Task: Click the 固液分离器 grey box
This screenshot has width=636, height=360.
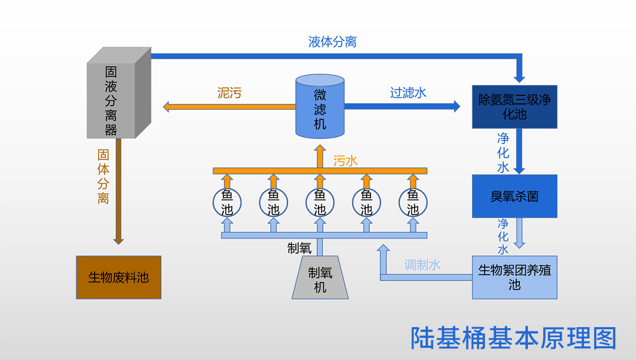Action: [119, 93]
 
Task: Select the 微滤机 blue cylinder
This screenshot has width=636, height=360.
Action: [320, 107]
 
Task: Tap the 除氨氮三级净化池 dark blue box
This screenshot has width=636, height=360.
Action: [515, 107]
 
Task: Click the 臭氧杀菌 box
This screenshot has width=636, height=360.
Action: [515, 196]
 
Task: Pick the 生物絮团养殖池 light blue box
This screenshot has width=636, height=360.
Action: [515, 277]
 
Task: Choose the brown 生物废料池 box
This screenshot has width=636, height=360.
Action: [119, 277]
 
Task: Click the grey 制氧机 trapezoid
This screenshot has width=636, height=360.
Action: [320, 277]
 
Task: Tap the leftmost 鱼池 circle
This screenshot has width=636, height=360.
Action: [227, 203]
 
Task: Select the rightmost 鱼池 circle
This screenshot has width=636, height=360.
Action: [413, 203]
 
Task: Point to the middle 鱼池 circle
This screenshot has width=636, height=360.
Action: [320, 203]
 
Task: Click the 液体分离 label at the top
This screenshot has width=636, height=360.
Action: [332, 42]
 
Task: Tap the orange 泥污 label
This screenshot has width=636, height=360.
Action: [229, 93]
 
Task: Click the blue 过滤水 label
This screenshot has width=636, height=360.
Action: [408, 93]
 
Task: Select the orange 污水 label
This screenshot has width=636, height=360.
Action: [345, 161]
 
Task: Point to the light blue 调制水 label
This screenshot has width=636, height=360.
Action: [422, 265]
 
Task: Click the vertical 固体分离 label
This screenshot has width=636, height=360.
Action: [103, 177]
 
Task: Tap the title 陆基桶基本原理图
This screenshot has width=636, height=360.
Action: [514, 338]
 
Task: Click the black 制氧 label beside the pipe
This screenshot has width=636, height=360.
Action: [299, 248]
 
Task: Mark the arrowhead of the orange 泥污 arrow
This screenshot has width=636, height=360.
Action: [166, 107]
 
